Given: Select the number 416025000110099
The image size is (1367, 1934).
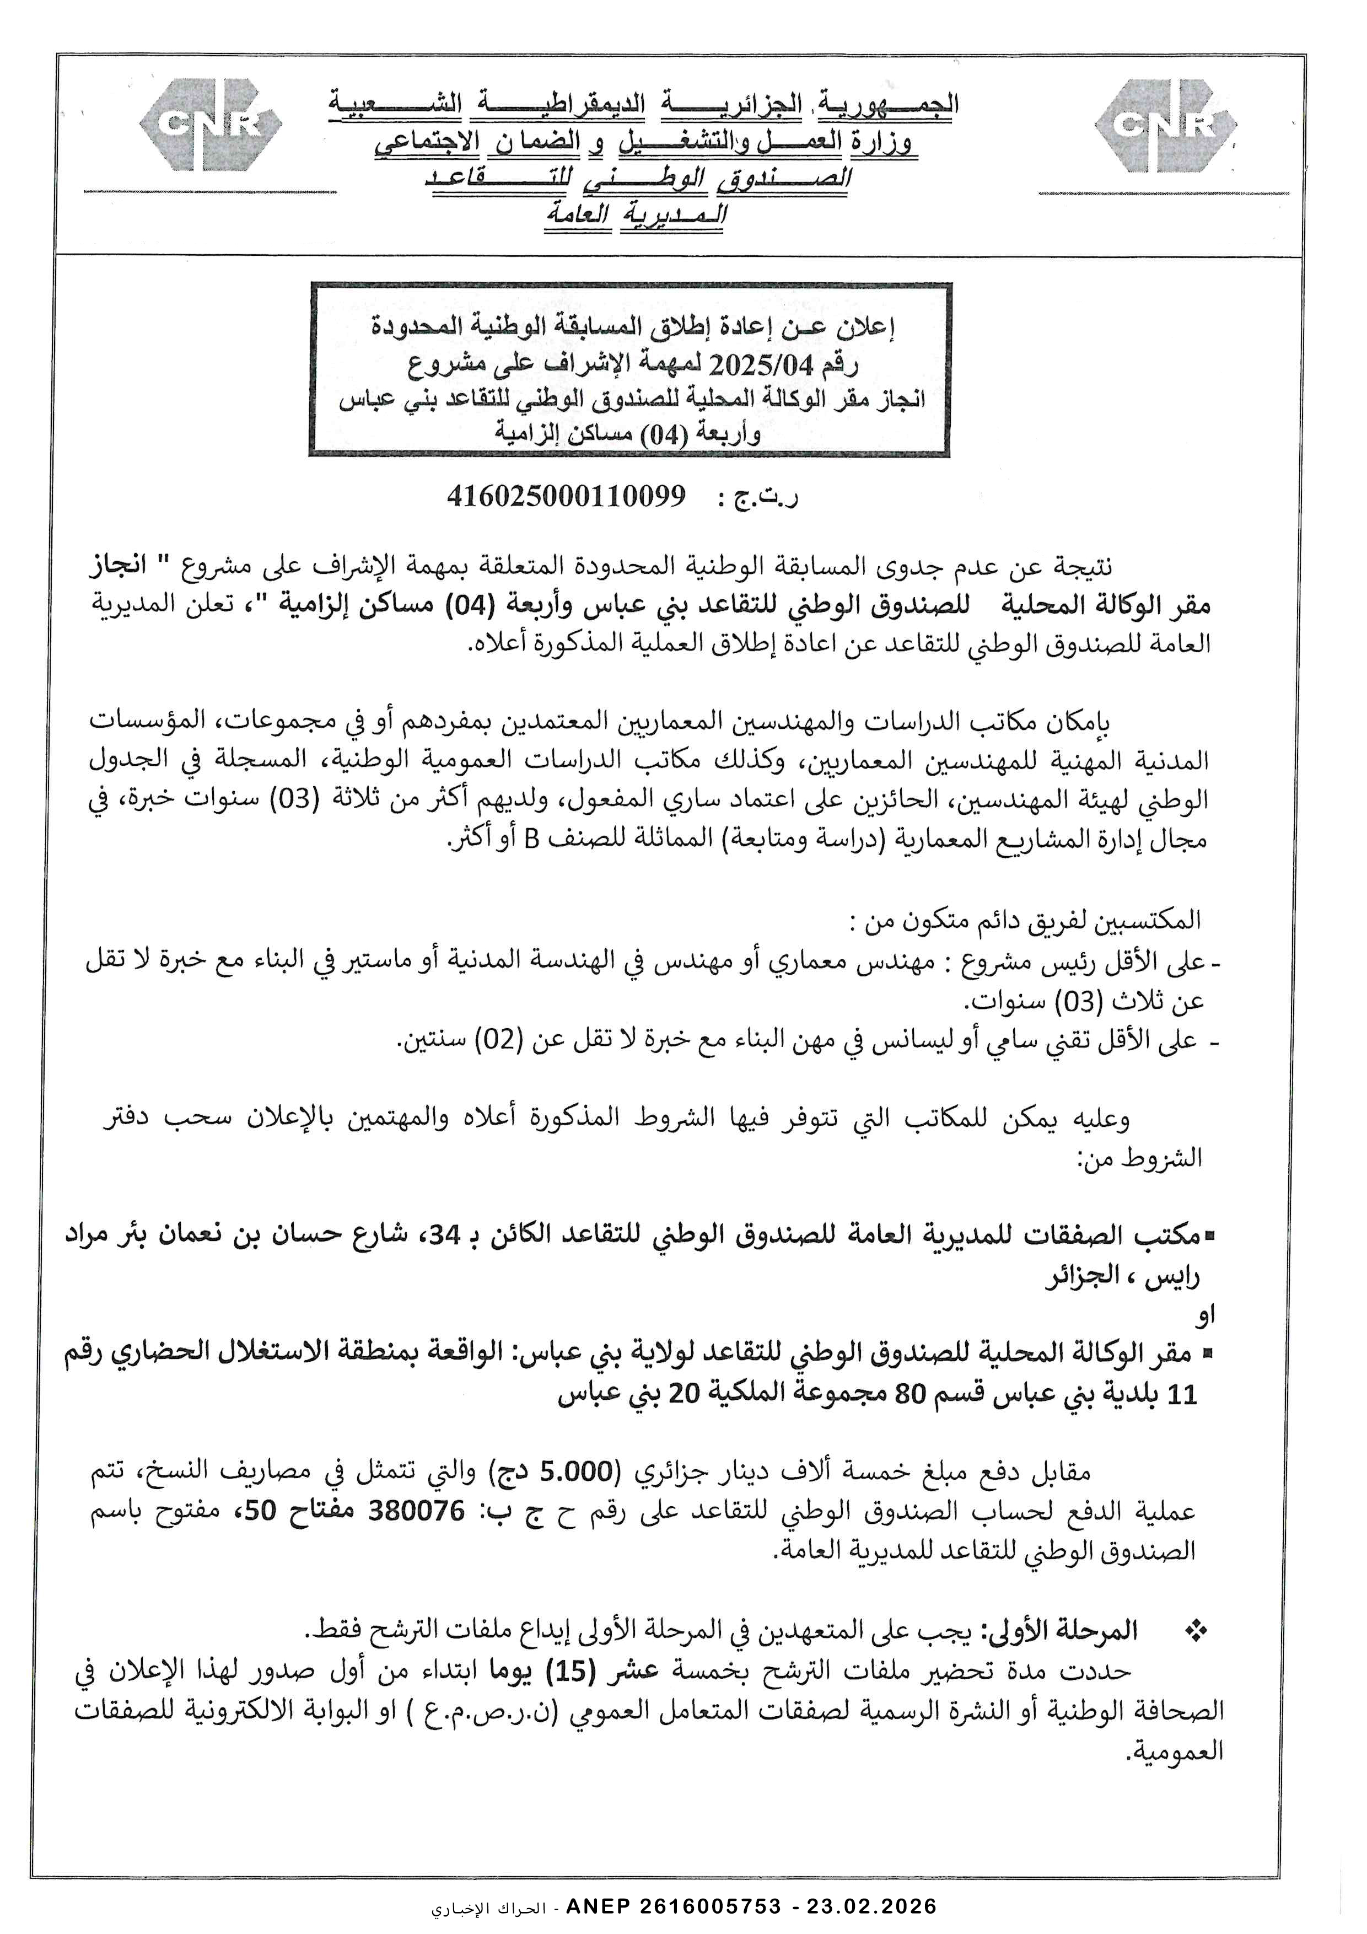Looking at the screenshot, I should (x=566, y=496).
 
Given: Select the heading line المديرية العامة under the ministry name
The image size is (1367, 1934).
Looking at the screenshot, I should (x=637, y=214).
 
